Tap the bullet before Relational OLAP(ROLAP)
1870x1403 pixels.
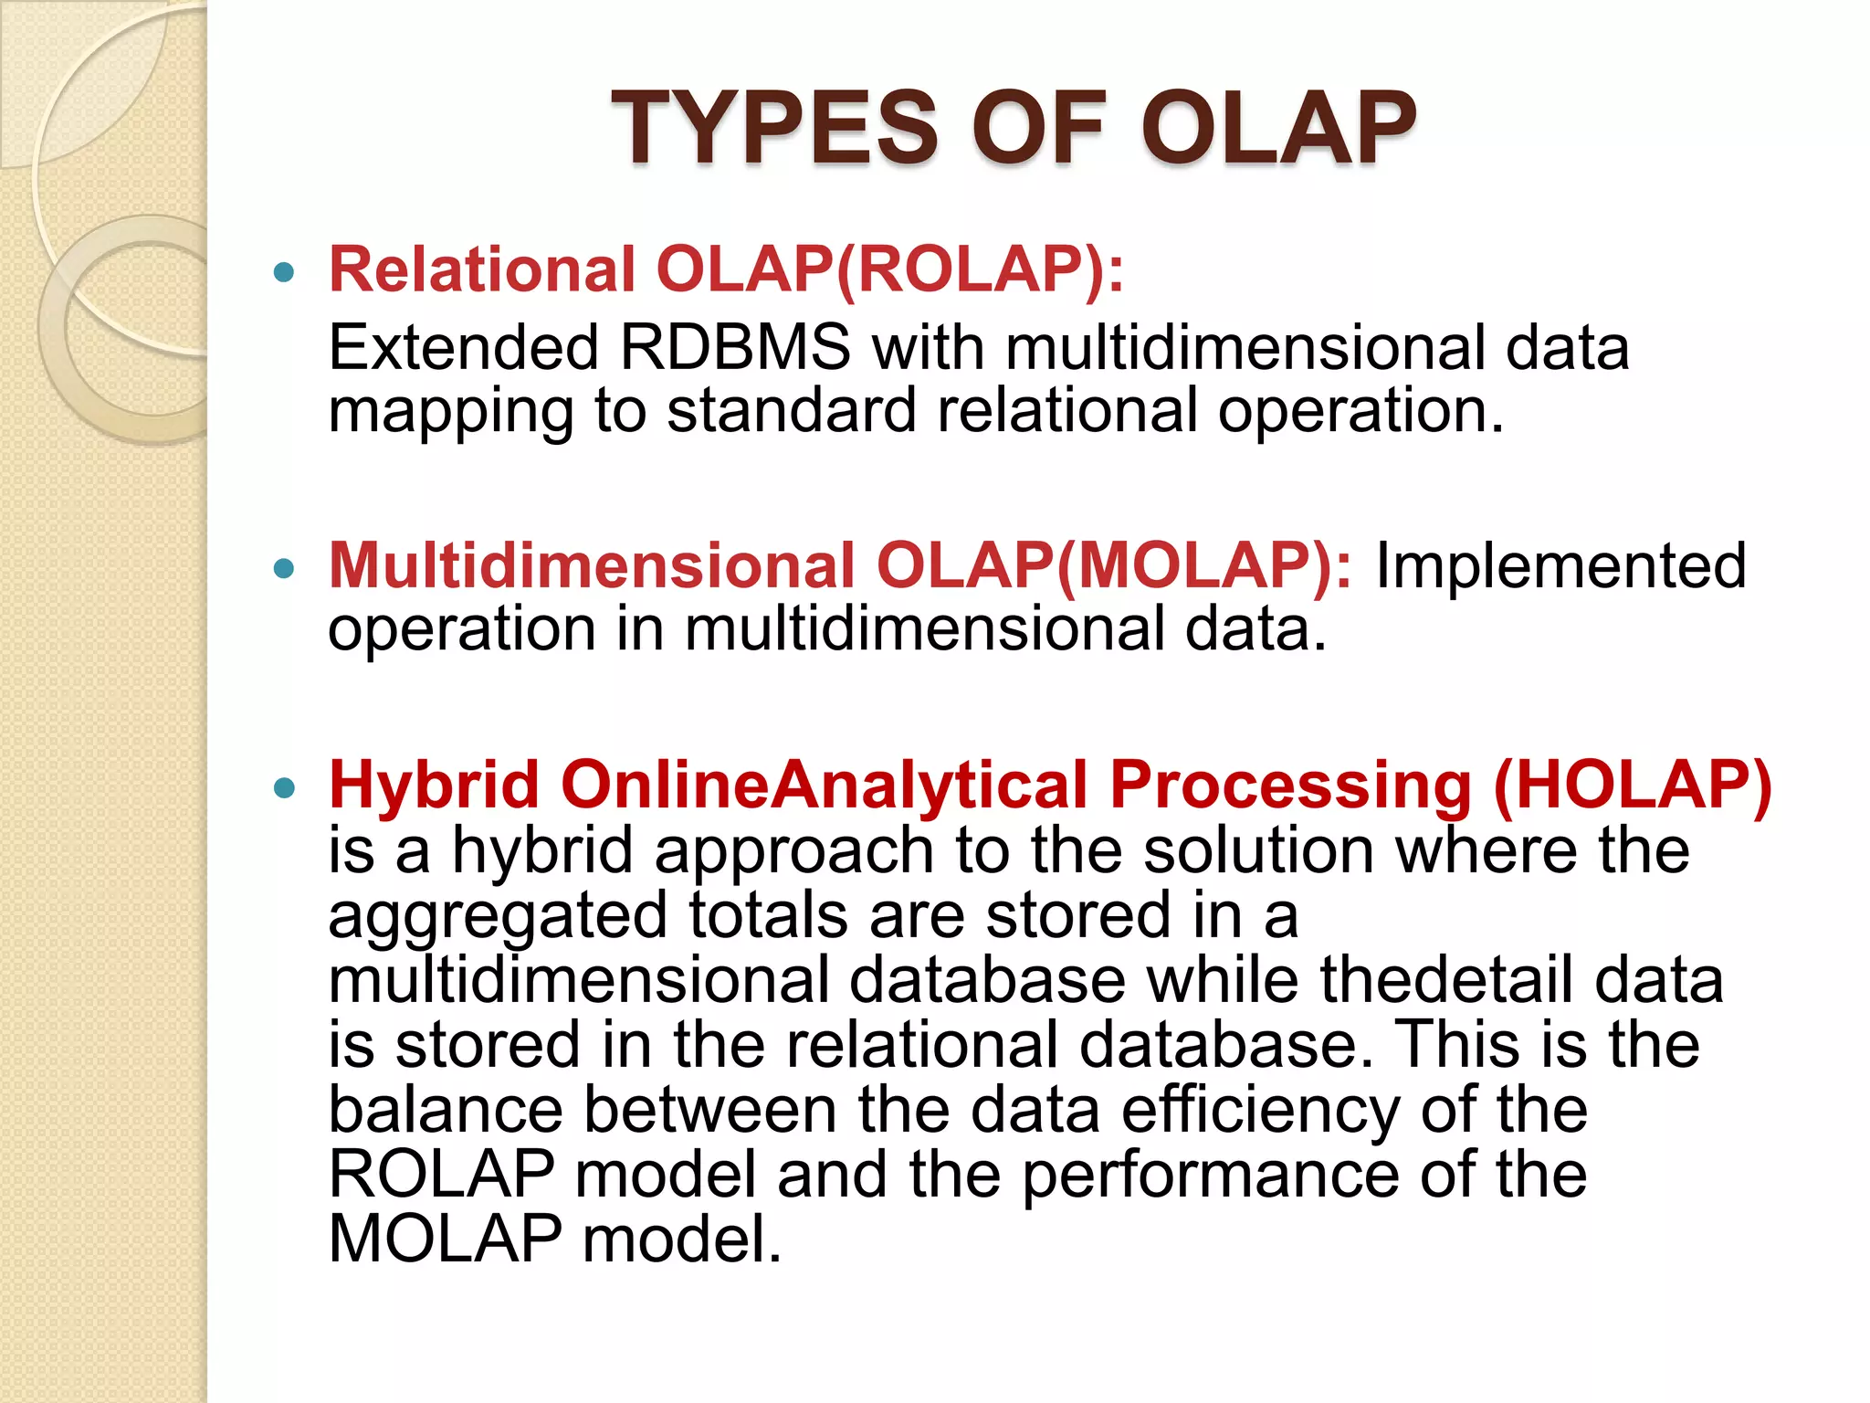click(x=285, y=272)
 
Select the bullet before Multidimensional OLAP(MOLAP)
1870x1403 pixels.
click(x=285, y=569)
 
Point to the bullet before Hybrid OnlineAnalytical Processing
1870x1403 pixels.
click(x=285, y=787)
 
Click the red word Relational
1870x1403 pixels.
click(x=481, y=270)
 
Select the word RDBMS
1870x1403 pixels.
click(x=734, y=348)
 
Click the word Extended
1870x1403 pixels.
click(x=463, y=348)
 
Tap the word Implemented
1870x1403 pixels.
click(x=1560, y=566)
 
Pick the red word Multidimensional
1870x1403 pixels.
click(x=592, y=566)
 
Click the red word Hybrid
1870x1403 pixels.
click(x=434, y=786)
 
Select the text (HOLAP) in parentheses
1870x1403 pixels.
click(x=1633, y=786)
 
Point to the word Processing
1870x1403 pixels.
click(x=1290, y=786)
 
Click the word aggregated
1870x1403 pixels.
click(x=498, y=917)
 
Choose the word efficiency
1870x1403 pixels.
click(x=1259, y=1111)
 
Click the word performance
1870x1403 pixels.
click(x=1210, y=1176)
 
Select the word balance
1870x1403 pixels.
click(x=446, y=1111)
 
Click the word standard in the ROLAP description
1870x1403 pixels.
click(x=791, y=411)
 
